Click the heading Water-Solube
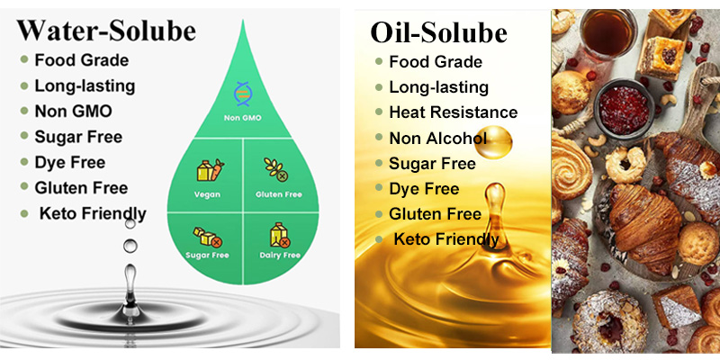tap(106, 31)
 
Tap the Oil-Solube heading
tap(438, 32)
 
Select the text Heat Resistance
tap(454, 112)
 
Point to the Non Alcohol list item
tap(437, 138)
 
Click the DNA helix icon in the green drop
tap(242, 94)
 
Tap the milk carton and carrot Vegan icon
tap(210, 170)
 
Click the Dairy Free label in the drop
tap(280, 256)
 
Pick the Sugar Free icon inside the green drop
tap(207, 237)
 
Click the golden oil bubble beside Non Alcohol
tap(493, 142)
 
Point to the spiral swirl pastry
tap(571, 168)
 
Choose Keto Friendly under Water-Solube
tap(93, 213)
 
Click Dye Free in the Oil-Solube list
tap(424, 189)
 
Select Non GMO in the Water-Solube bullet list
tap(73, 111)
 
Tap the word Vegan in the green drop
tap(207, 194)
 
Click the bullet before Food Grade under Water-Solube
tap(24, 59)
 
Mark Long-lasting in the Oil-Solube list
tap(438, 87)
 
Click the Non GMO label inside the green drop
tap(242, 118)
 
